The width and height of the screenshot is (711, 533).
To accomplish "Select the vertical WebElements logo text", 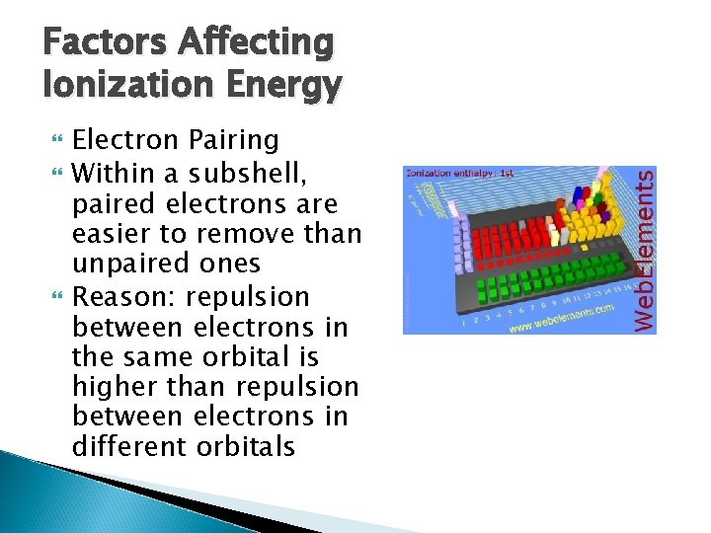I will (x=643, y=249).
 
